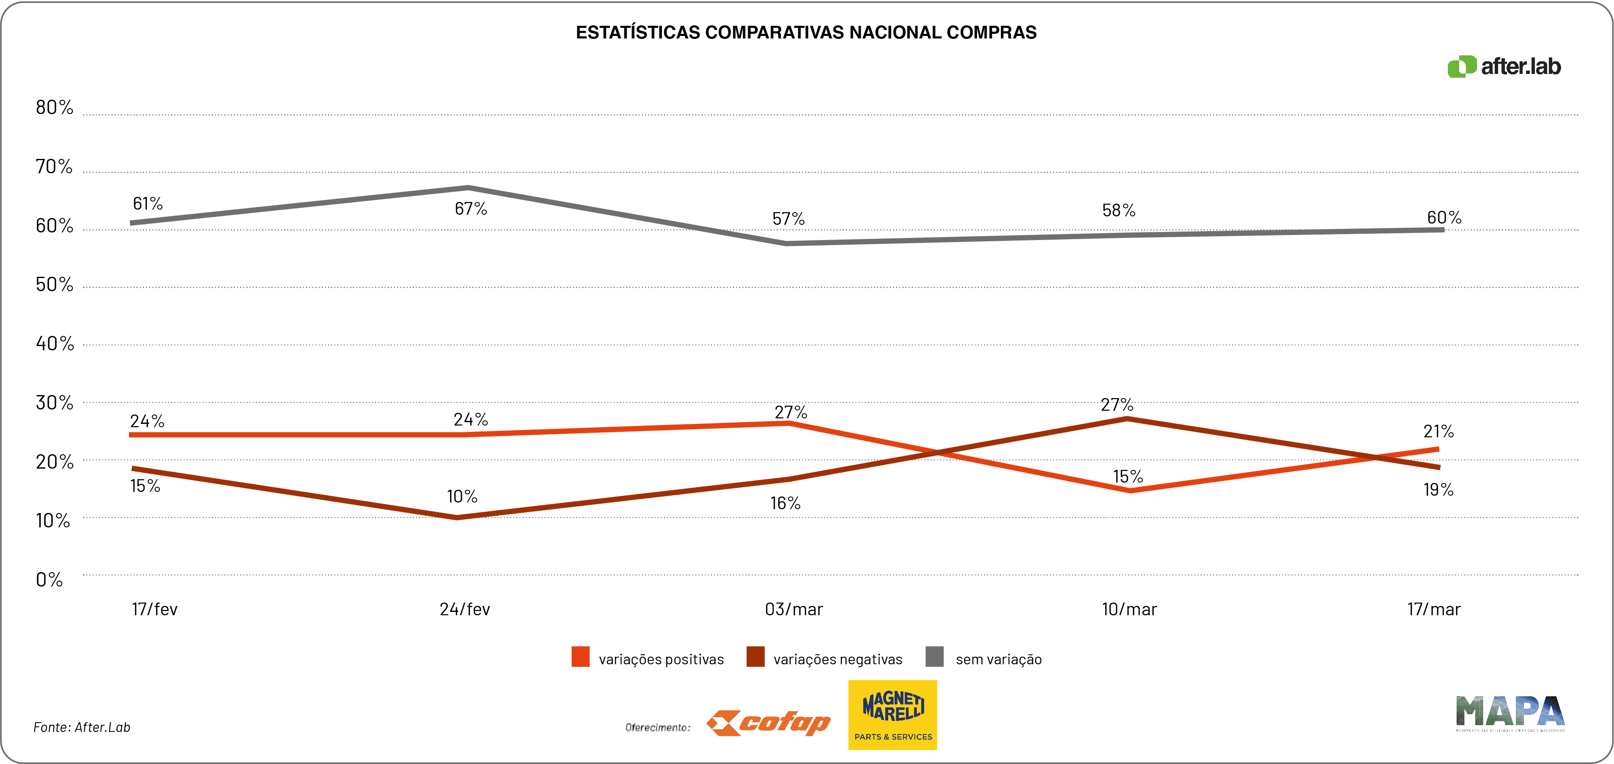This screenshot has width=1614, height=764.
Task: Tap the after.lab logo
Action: point(1504,66)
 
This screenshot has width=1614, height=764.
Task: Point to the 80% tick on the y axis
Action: point(55,108)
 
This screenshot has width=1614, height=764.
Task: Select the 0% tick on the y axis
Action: point(49,580)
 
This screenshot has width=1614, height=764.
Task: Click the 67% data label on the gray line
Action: point(471,208)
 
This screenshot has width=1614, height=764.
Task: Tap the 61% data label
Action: point(148,204)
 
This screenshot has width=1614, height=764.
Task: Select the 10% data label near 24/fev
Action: point(462,497)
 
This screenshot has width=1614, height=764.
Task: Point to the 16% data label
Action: point(785,504)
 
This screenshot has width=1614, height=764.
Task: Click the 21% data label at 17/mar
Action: point(1438,431)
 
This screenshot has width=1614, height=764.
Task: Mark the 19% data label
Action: point(1438,490)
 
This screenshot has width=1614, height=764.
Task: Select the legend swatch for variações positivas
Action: point(580,657)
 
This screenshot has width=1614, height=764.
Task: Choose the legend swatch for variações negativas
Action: point(755,657)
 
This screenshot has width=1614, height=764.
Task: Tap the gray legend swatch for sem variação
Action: point(934,657)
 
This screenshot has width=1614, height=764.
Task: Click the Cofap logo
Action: point(768,723)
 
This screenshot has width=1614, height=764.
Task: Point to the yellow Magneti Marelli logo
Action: point(892,715)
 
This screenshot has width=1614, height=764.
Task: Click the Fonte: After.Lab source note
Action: point(82,727)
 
